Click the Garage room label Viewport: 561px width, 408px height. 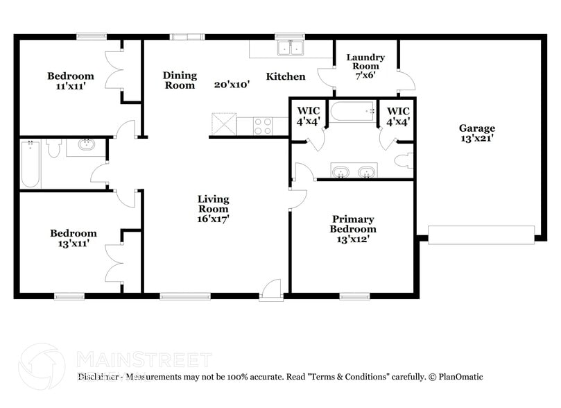pos(476,133)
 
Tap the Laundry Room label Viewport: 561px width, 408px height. pos(365,66)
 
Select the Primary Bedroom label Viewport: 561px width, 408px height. pos(352,229)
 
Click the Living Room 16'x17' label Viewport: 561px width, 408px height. pos(213,208)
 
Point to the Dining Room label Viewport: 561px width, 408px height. pos(180,80)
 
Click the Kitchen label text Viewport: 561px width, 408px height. pos(286,76)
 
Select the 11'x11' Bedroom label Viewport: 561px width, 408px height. pos(70,81)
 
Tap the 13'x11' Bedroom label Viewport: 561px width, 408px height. pos(73,239)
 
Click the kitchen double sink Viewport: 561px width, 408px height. pos(291,48)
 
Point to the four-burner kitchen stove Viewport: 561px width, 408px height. pos(263,126)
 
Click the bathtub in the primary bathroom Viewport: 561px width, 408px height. pos(352,112)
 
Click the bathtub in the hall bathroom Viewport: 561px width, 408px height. pos(30,164)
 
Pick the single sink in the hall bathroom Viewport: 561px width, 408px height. pos(87,146)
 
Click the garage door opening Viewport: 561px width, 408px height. pos(481,235)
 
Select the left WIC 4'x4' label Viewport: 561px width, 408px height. pos(308,116)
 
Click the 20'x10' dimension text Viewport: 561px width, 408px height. pos(232,84)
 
